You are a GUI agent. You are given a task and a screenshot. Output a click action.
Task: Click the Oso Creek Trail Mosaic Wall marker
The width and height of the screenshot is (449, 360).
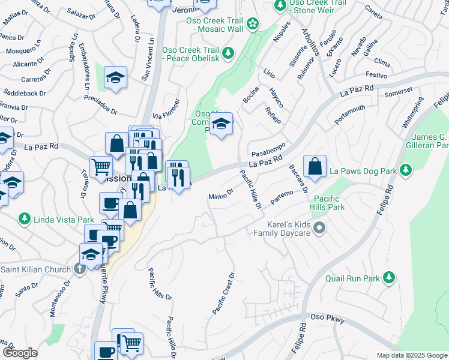pyautogui.click(x=253, y=24)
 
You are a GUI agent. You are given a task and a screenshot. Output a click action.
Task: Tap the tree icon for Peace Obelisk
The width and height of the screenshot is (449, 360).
pyautogui.click(x=228, y=54)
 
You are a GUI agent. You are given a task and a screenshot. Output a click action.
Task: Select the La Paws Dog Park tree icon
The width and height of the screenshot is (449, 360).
pyautogui.click(x=406, y=171)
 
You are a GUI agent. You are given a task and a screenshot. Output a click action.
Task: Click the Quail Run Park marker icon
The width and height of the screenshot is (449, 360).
pyautogui.click(x=389, y=278)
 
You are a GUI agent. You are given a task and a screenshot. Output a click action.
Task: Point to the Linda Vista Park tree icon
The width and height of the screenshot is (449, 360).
pyautogui.click(x=25, y=218)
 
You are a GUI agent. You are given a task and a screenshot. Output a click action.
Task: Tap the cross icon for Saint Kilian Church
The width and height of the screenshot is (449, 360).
pyautogui.click(x=80, y=269)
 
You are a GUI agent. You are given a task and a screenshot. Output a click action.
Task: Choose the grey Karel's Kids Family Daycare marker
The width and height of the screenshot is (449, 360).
pyautogui.click(x=319, y=227)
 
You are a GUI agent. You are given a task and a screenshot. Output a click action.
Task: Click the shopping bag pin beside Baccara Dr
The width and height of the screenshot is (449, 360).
pyautogui.click(x=315, y=167)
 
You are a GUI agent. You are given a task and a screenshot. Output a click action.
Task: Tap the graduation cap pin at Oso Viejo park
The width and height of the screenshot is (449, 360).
pyautogui.click(x=221, y=124)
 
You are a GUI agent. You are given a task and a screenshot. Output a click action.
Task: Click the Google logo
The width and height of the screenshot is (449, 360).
pyautogui.click(x=20, y=353)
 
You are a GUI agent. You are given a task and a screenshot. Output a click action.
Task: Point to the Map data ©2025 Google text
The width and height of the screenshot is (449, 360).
pyautogui.click(x=411, y=355)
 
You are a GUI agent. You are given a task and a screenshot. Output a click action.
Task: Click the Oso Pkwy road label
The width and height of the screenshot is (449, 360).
pyautogui.click(x=328, y=318)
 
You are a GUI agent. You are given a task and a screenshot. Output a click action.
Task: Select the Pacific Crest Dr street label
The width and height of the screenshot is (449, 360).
pyautogui.click(x=223, y=293)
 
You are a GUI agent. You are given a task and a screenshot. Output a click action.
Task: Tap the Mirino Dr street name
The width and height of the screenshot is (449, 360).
pyautogui.click(x=220, y=195)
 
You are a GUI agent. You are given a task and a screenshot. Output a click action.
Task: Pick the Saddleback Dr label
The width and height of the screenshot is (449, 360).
pyautogui.click(x=25, y=94)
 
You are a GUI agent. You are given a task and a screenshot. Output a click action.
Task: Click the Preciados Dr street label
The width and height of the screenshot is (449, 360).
pyautogui.click(x=100, y=104)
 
